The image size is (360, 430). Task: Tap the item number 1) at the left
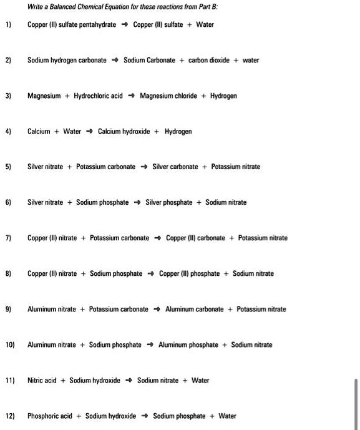pyautogui.click(x=8, y=25)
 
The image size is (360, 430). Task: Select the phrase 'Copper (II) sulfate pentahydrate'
pyautogui.click(x=72, y=25)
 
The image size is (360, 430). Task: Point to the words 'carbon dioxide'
pyautogui.click(x=208, y=61)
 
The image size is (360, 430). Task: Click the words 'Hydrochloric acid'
pyautogui.click(x=98, y=96)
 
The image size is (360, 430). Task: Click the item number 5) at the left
pyautogui.click(x=8, y=167)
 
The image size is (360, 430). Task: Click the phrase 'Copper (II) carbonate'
pyautogui.click(x=197, y=238)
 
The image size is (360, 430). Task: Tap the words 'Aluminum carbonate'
pyautogui.click(x=194, y=310)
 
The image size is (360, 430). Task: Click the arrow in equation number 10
pyautogui.click(x=150, y=345)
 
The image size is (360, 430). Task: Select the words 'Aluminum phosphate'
pyautogui.click(x=188, y=345)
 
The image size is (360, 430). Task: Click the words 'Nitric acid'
pyautogui.click(x=42, y=381)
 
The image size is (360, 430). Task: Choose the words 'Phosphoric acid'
pyautogui.click(x=50, y=416)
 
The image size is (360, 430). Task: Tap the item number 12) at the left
pyautogui.click(x=9, y=416)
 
